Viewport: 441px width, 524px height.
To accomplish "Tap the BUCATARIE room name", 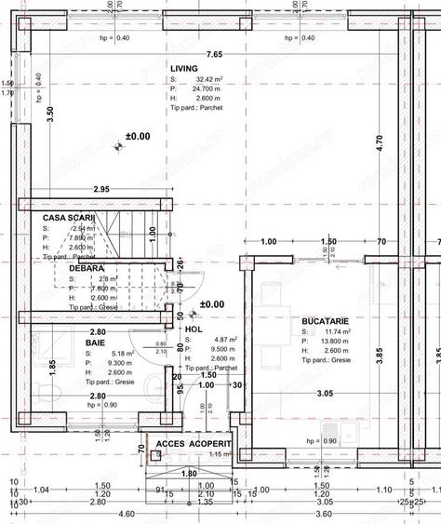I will [325, 320].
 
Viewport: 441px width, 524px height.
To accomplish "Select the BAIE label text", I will [95, 343].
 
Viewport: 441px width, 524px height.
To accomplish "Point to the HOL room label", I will [194, 329].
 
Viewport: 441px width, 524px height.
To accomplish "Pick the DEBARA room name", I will [86, 267].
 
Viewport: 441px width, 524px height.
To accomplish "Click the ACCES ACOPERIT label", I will [193, 444].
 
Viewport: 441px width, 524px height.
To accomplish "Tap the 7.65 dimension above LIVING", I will [215, 55].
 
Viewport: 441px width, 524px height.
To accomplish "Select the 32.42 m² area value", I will [207, 81].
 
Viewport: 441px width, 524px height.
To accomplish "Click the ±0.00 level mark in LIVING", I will [136, 137].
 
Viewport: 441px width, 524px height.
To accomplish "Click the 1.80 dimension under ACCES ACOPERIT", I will [188, 474].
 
